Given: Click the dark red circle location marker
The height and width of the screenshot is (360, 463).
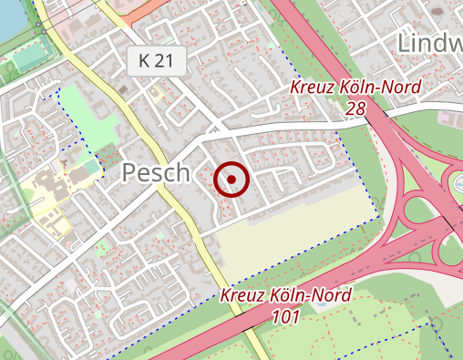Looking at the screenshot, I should tap(231, 180).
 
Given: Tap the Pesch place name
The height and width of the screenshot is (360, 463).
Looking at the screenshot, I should tap(156, 173).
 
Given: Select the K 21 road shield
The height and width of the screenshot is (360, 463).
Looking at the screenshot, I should tap(157, 62).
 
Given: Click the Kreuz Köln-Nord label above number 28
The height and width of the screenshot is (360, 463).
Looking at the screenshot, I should tap(356, 88).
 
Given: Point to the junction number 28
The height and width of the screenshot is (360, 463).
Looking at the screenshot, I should tap(355, 108).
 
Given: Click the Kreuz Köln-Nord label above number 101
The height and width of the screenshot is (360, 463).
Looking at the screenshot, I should tap(285, 297).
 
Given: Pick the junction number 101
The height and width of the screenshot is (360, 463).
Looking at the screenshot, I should tap(285, 317).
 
